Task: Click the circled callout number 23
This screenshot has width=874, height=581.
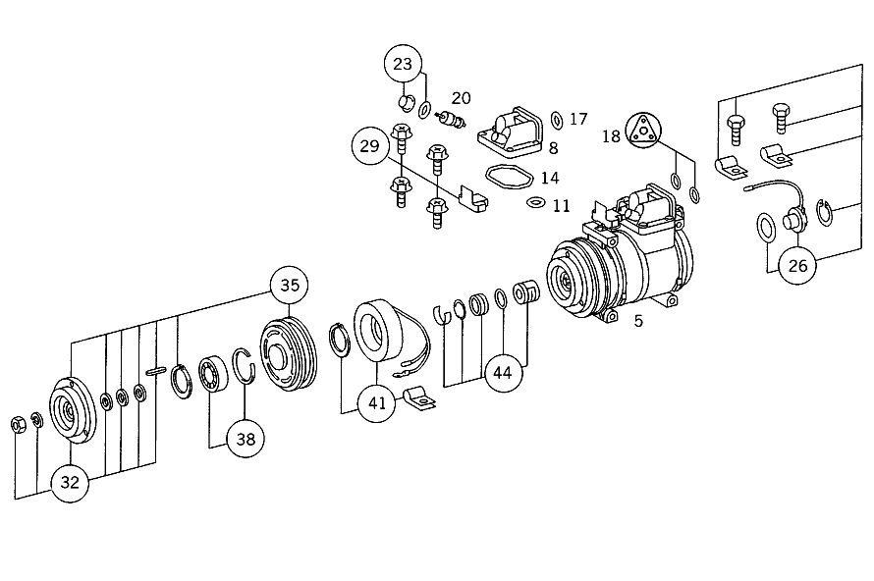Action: (x=403, y=64)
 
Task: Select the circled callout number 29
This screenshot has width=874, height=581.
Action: (x=369, y=146)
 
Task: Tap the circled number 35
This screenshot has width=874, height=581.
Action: (x=290, y=286)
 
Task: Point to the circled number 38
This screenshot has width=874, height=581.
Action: (x=246, y=439)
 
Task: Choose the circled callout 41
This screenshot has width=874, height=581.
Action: (x=377, y=402)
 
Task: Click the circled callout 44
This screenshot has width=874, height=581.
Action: (x=502, y=373)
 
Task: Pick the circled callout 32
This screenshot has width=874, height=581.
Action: (x=70, y=483)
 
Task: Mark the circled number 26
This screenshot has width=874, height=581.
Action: (x=797, y=266)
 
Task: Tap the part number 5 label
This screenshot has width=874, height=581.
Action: (x=638, y=321)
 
